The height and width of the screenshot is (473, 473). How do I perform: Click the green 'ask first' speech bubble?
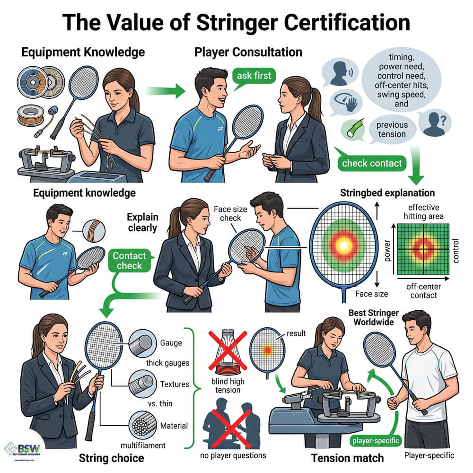(254, 76)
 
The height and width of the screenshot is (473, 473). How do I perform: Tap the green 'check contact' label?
(372, 163)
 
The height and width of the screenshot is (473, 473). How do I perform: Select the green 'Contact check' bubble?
(129, 261)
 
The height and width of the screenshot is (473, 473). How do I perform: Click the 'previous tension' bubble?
(392, 130)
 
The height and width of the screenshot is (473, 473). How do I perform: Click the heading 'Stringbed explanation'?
(387, 193)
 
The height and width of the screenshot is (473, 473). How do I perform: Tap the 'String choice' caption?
(111, 458)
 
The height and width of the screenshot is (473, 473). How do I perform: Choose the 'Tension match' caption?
(347, 458)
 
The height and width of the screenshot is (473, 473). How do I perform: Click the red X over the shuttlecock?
(228, 350)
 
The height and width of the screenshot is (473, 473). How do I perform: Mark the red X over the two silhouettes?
(231, 429)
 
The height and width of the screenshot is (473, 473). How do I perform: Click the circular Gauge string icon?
(142, 343)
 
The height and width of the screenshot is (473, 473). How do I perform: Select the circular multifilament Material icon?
(142, 425)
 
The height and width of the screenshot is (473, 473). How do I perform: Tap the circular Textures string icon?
(142, 384)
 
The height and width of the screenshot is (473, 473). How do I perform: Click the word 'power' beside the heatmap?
(387, 251)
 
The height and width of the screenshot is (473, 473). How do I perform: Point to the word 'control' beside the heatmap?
(455, 251)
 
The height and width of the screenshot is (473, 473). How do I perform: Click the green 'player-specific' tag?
(376, 440)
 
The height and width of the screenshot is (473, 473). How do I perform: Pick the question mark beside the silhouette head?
(443, 121)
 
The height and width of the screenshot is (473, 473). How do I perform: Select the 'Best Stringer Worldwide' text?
(374, 317)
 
